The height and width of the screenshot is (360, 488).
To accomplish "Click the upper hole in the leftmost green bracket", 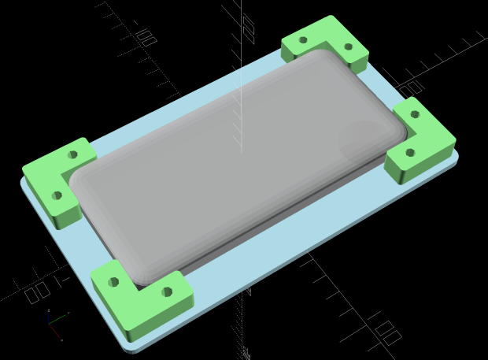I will coord(73,154).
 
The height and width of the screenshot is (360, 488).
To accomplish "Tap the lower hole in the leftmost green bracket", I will coord(57,195).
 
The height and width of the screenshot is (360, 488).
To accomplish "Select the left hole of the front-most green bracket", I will coord(114,282).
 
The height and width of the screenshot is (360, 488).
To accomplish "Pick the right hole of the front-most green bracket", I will coord(167,291).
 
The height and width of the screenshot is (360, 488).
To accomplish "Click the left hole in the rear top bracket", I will coord(303,40).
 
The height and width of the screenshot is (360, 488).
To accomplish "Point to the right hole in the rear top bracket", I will coord(348,46).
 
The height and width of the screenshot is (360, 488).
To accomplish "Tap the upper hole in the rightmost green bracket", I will coord(414,115).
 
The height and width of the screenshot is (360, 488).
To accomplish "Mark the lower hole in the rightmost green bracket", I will coord(409,152).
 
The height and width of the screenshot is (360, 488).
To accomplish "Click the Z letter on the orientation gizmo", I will coord(49,311).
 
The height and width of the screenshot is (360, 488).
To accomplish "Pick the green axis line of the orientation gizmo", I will coord(60,321).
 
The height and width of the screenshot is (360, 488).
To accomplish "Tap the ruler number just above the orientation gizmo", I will coord(36,294).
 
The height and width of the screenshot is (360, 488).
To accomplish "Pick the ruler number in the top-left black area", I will coord(146,37).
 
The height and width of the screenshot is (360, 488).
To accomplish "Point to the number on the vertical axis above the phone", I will coord(249,29).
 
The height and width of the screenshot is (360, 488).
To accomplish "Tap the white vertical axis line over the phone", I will coord(241,110).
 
